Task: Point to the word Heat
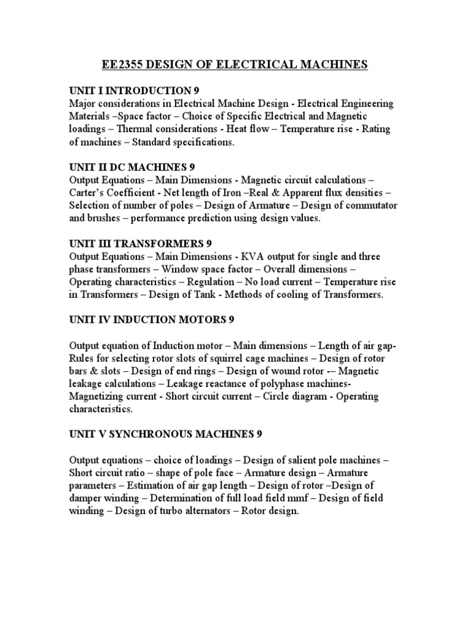(x=238, y=129)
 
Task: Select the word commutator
(x=371, y=205)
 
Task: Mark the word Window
(x=179, y=269)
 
